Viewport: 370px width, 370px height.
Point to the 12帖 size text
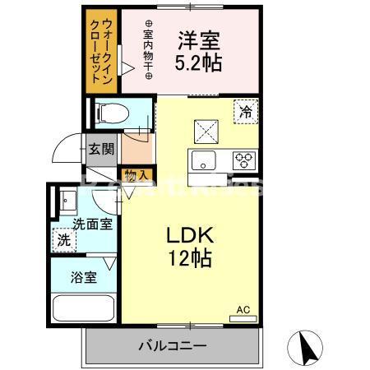(192, 258)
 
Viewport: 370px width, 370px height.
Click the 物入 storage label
(135, 174)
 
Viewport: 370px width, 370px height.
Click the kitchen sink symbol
(204, 160)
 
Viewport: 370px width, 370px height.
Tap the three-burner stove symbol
(244, 160)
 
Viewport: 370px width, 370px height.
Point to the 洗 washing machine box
(63, 241)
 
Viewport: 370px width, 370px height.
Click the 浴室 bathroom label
(84, 277)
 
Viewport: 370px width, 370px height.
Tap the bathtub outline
(85, 310)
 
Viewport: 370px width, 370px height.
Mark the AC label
(243, 309)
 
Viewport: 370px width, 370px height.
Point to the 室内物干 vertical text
(149, 49)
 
